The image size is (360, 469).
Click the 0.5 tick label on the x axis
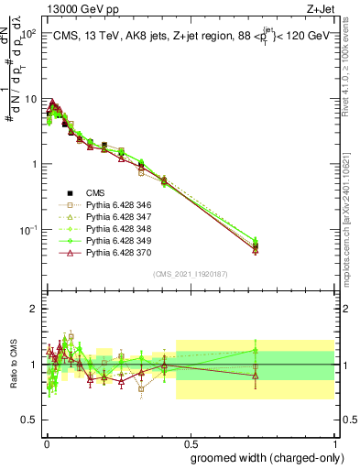tap(190, 442)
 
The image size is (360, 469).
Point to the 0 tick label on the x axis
tap(46, 442)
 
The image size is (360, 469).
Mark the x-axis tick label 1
tap(333, 442)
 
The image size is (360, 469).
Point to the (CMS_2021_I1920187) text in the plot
tap(190, 273)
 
